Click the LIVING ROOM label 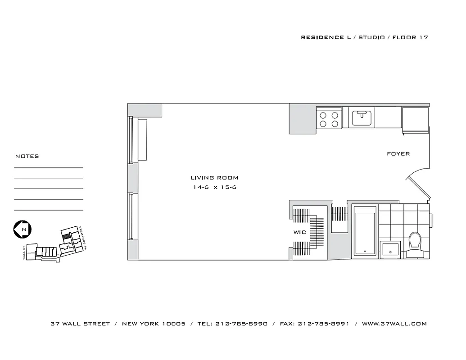[214, 178]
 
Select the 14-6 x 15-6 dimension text [214, 187]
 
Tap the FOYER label [398, 154]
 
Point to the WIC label [300, 233]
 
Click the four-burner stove [329, 119]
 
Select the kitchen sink [362, 118]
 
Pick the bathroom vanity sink [390, 248]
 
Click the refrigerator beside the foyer [415, 120]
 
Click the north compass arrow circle [22, 229]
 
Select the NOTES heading [27, 156]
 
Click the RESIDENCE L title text [326, 37]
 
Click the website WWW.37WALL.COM [394, 324]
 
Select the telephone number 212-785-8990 [241, 324]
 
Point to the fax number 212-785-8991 [323, 324]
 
